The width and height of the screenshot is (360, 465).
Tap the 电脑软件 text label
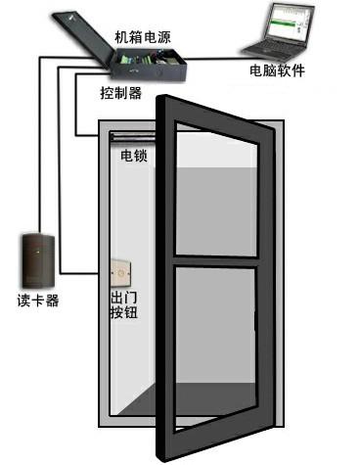(278, 71)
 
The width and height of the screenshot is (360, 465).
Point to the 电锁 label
(133, 155)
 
